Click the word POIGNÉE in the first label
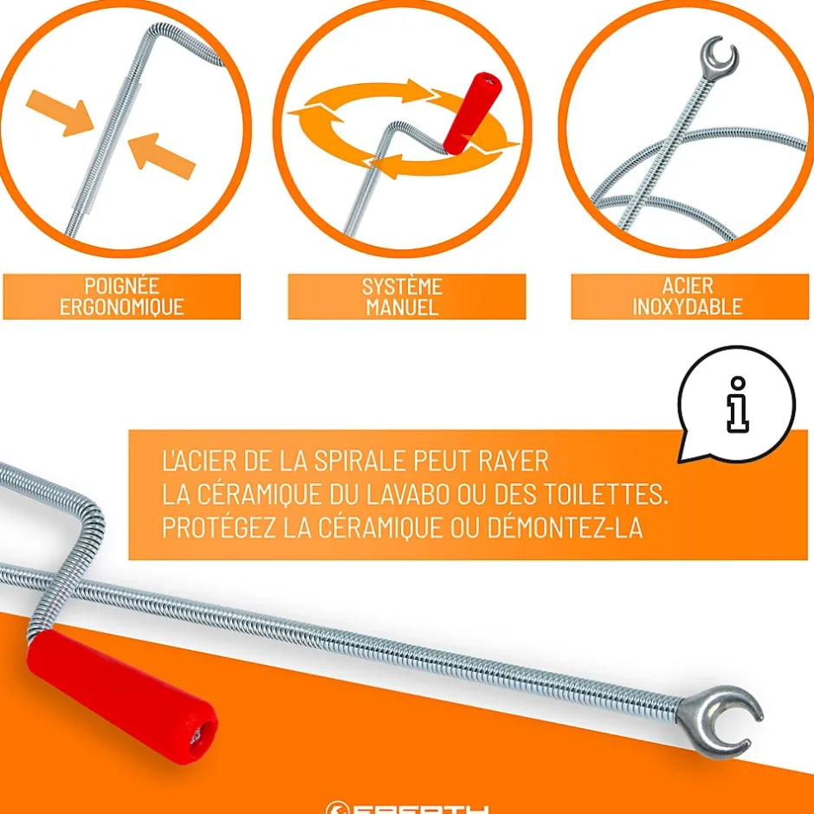(122, 286)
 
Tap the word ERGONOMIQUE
(122, 307)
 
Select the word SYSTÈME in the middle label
(402, 287)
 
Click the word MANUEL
(402, 307)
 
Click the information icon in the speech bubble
(736, 404)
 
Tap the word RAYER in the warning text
(510, 460)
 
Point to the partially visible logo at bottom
(407, 808)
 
